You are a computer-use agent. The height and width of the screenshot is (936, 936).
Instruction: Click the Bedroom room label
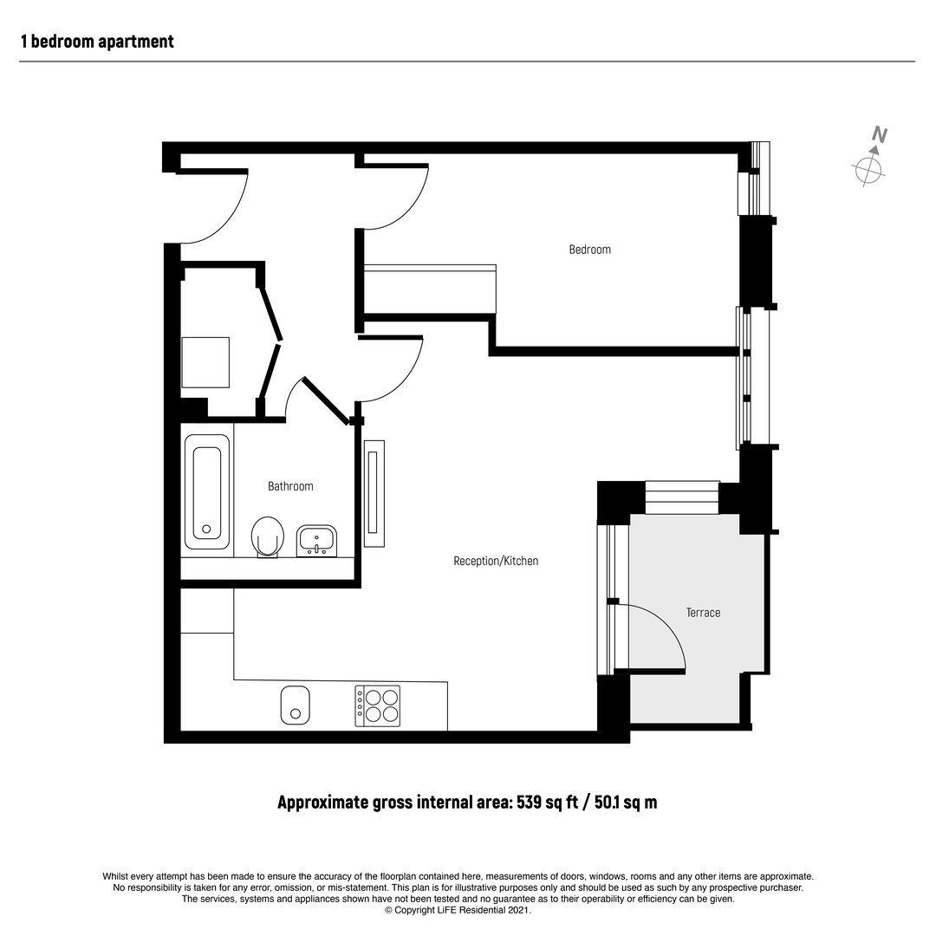tap(590, 250)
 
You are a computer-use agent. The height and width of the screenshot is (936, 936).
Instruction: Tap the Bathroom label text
tap(290, 486)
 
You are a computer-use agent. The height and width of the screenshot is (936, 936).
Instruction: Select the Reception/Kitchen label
tap(496, 561)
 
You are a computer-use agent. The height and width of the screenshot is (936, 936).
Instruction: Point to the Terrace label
tap(703, 613)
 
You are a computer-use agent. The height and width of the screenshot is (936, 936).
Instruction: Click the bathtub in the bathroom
tap(207, 492)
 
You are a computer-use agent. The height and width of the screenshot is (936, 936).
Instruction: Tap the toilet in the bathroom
tap(268, 537)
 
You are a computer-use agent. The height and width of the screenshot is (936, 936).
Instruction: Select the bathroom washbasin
tap(316, 541)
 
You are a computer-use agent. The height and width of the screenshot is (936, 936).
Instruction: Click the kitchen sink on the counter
tap(295, 705)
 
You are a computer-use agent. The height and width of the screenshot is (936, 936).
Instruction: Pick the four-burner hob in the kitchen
tap(377, 705)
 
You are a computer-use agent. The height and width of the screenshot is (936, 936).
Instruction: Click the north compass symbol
tap(869, 169)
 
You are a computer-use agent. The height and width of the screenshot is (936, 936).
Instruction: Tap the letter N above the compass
tap(880, 134)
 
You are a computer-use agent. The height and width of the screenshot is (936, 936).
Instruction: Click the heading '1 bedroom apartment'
tap(97, 42)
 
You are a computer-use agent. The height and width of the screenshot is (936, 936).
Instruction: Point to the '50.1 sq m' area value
tap(624, 802)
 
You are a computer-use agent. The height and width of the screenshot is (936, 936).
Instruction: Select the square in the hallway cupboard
tap(205, 362)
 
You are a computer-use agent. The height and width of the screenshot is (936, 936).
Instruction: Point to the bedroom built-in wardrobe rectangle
tap(430, 289)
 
